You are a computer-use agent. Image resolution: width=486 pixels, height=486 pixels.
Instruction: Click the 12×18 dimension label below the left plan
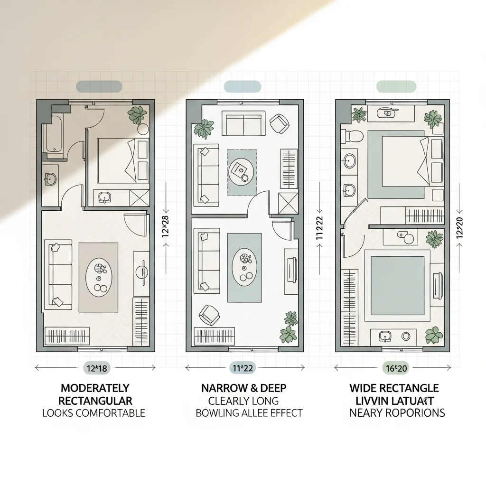pyautogui.click(x=95, y=367)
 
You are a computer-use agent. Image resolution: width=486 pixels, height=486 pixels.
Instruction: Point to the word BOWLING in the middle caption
pyautogui.click(x=215, y=412)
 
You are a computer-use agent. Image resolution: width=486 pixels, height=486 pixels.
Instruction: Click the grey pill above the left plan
pyautogui.click(x=99, y=86)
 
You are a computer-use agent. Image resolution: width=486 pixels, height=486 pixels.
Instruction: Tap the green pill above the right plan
pyautogui.click(x=396, y=86)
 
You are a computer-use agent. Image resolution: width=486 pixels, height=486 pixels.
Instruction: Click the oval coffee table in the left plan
pyautogui.click(x=99, y=277)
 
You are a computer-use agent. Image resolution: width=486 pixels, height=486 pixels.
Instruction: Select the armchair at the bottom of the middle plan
pyautogui.click(x=208, y=314)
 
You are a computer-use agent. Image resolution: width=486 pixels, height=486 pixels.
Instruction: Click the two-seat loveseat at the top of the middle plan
pyautogui.click(x=243, y=123)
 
